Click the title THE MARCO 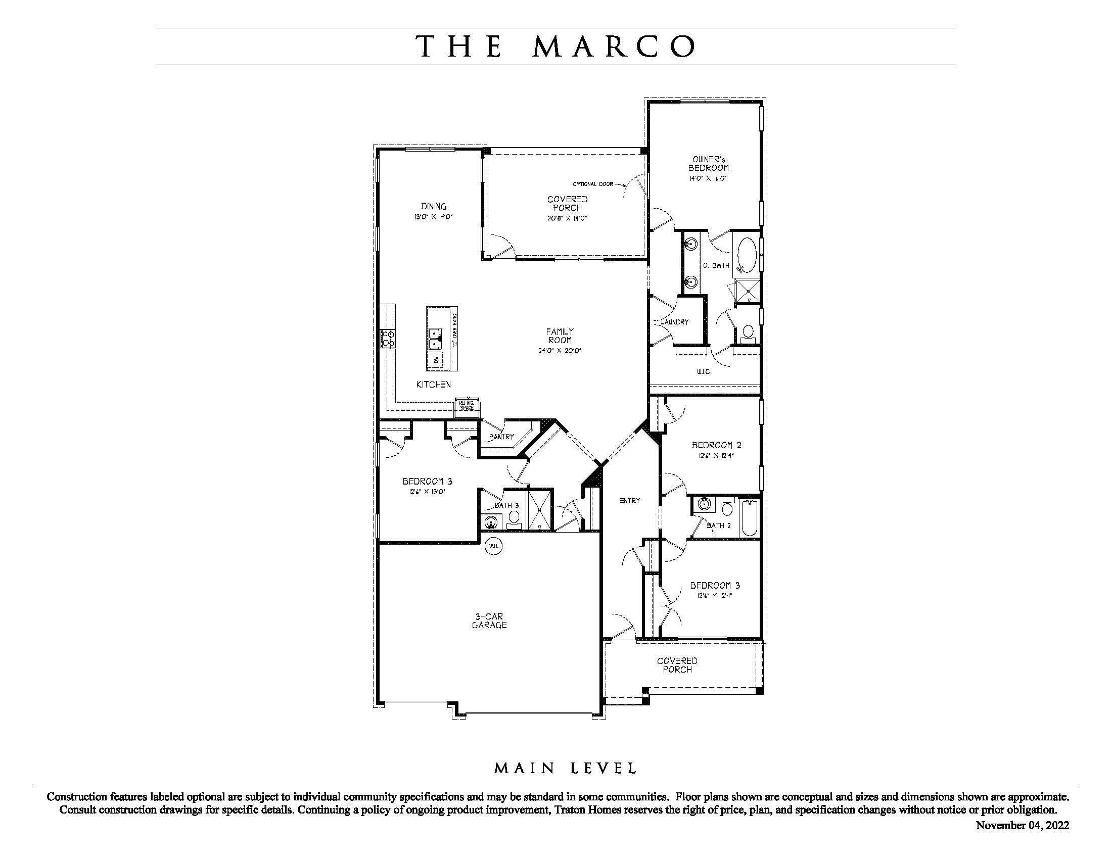click(x=555, y=46)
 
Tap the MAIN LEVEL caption click(x=565, y=768)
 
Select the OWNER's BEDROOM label click(x=708, y=164)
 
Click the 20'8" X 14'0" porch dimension click(x=567, y=218)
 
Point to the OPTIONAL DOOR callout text click(x=593, y=184)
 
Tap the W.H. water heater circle click(x=493, y=546)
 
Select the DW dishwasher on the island click(x=436, y=359)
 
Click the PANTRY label click(x=501, y=437)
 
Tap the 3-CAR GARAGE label click(x=489, y=621)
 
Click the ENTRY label click(x=630, y=501)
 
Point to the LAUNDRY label click(x=675, y=322)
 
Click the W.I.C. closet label click(x=704, y=372)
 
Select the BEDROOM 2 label click(x=716, y=445)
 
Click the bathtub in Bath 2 click(x=749, y=517)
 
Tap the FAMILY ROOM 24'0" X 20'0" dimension click(x=560, y=351)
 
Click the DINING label click(x=434, y=206)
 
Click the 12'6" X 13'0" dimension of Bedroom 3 click(x=427, y=492)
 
